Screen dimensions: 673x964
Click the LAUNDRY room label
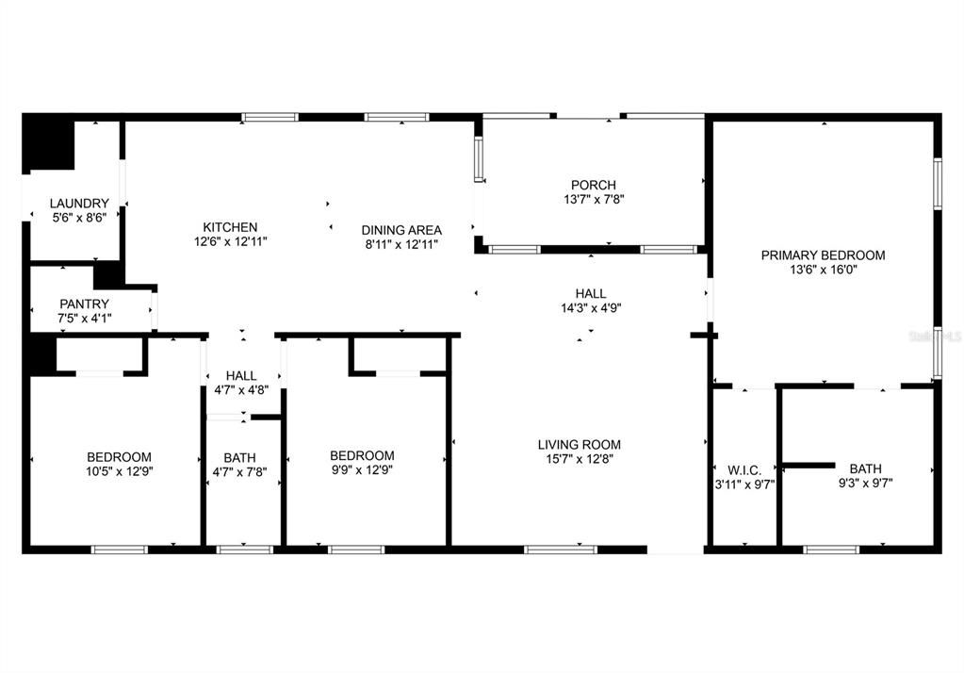click(x=79, y=204)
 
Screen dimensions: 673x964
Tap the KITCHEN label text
click(x=230, y=227)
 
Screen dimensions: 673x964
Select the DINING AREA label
click(x=401, y=230)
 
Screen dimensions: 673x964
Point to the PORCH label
click(x=593, y=185)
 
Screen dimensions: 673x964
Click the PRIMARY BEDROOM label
click(x=823, y=254)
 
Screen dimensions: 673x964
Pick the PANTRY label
click(x=84, y=304)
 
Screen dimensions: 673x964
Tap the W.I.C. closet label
click(x=743, y=469)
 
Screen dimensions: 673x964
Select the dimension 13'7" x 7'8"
click(x=593, y=200)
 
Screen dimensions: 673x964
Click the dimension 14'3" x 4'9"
click(x=591, y=307)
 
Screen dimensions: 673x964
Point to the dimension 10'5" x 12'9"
click(x=119, y=472)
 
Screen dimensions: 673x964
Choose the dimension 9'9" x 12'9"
click(x=362, y=470)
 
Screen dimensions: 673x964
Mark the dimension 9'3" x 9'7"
click(x=864, y=483)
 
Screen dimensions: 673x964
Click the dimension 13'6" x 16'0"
click(x=823, y=269)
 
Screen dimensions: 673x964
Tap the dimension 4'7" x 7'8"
click(x=239, y=472)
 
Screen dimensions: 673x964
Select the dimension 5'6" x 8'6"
click(x=79, y=218)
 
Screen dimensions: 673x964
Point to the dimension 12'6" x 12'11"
click(x=230, y=241)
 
